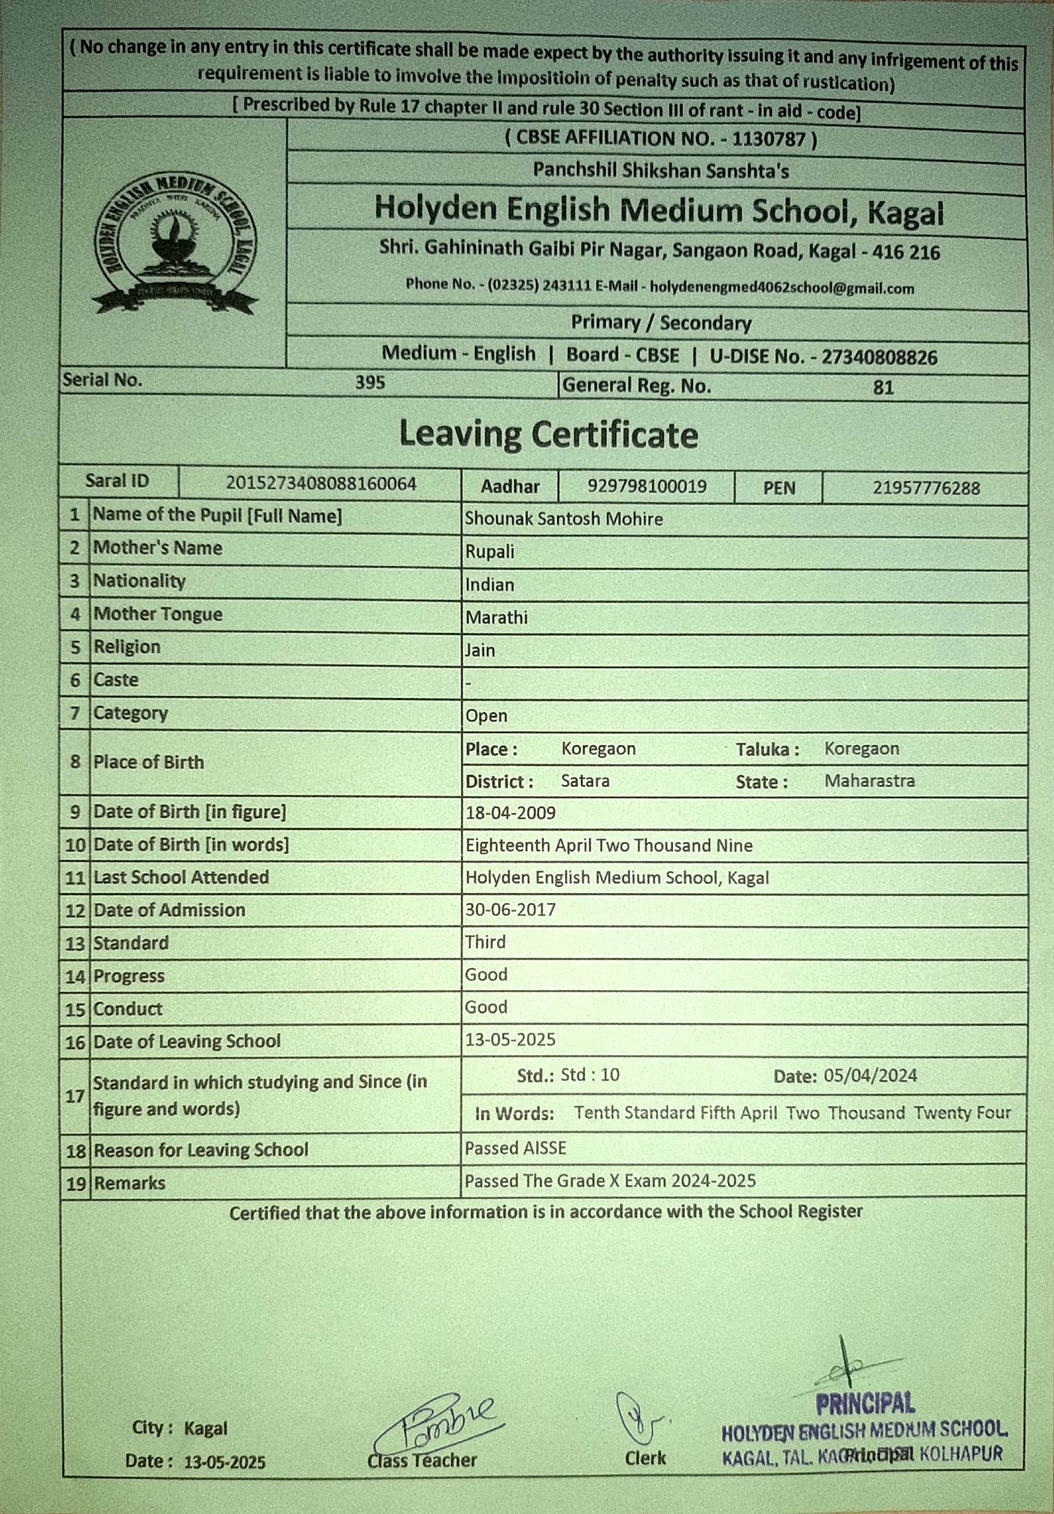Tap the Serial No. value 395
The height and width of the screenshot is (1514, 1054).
point(370,383)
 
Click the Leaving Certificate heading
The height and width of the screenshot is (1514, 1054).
point(548,434)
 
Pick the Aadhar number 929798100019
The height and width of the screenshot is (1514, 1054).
point(646,487)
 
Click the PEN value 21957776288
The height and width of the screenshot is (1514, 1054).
point(926,488)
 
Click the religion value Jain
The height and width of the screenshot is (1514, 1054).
point(480,650)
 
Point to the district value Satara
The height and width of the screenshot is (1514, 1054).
point(585,781)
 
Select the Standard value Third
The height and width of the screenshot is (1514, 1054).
point(486,942)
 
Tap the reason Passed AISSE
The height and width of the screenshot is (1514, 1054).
point(515,1148)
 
